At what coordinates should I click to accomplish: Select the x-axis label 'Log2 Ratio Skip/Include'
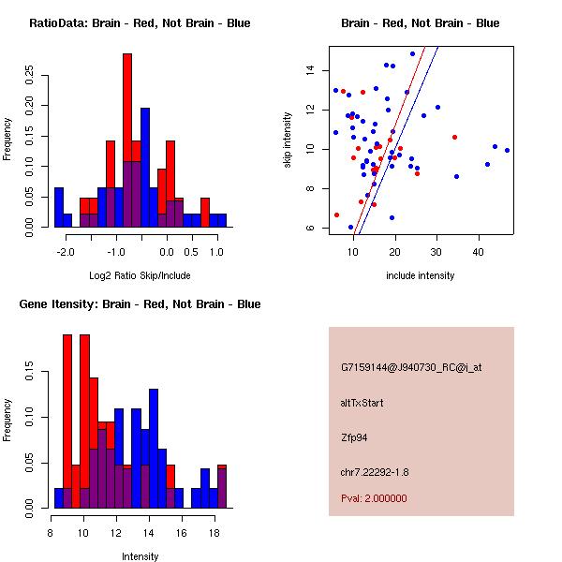click(x=140, y=275)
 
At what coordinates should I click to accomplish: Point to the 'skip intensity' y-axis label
click(x=288, y=140)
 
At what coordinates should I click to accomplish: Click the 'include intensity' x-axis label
click(x=421, y=275)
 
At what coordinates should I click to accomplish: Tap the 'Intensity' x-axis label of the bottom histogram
click(x=140, y=556)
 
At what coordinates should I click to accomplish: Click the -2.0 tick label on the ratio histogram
click(x=66, y=252)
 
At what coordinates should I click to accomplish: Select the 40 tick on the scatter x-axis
click(x=478, y=252)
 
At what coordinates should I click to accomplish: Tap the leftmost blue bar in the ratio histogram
click(x=59, y=206)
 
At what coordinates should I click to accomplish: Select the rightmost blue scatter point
click(x=507, y=150)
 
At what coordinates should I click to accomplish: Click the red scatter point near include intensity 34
click(x=454, y=137)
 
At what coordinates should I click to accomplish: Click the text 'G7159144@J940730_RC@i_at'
click(x=411, y=368)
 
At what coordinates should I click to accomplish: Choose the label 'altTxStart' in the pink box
click(x=362, y=403)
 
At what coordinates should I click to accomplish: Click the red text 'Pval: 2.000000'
click(x=374, y=498)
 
